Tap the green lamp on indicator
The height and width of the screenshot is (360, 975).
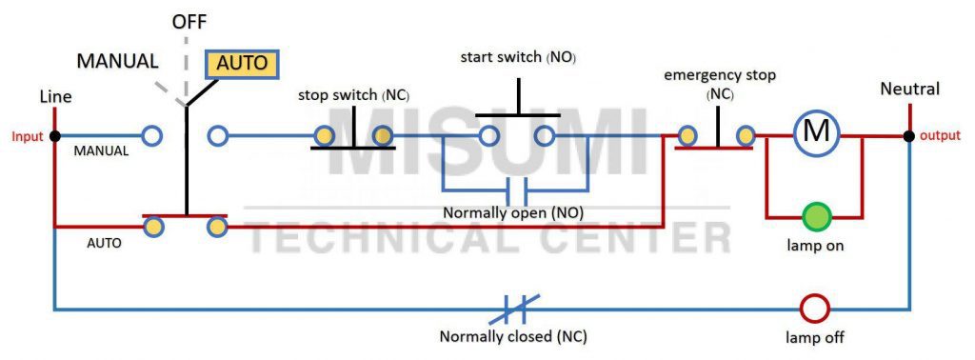pos(815,216)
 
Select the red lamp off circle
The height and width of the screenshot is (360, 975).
pos(815,309)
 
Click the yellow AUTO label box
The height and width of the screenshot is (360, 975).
pos(243,64)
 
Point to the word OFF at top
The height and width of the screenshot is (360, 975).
pos(189,20)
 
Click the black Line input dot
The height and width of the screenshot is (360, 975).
pos(55,136)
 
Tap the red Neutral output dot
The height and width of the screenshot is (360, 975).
pos(909,135)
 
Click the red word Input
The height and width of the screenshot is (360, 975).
pos(28,136)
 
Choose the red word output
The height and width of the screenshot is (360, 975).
pos(940,136)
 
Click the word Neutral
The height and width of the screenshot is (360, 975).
pos(909,90)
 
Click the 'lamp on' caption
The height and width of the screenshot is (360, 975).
pos(815,246)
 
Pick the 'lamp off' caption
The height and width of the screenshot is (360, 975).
pos(815,337)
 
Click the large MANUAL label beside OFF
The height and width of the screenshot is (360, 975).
pos(117,61)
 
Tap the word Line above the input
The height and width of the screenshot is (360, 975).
pos(55,97)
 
